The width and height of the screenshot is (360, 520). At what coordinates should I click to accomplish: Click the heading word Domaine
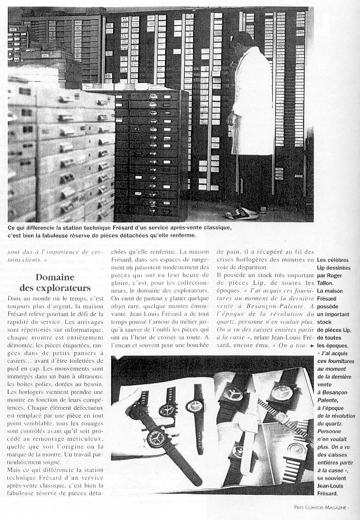55,278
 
